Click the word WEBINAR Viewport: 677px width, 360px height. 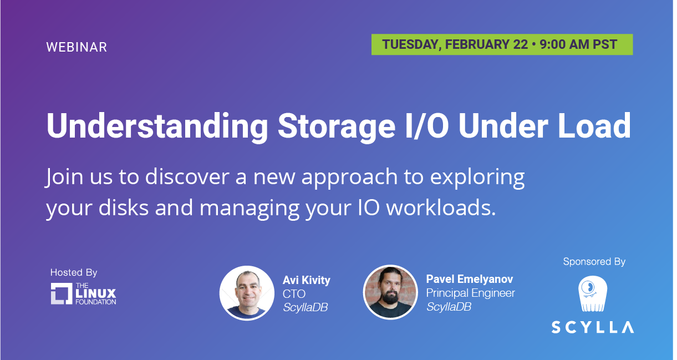pyautogui.click(x=77, y=47)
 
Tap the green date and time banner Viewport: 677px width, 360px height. pyautogui.click(x=502, y=44)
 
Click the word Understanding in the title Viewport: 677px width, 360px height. pyautogui.click(x=157, y=126)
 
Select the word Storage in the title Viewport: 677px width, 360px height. pyautogui.click(x=337, y=126)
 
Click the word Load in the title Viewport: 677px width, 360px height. pyautogui.click(x=594, y=126)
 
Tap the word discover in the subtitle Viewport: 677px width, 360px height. pyautogui.click(x=187, y=176)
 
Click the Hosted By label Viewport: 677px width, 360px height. pyautogui.click(x=74, y=272)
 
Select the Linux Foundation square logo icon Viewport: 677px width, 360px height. pyautogui.click(x=62, y=293)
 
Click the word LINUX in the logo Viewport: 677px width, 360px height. pyautogui.click(x=95, y=293)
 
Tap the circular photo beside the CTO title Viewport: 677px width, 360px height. pyautogui.click(x=247, y=293)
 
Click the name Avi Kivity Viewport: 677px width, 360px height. pyautogui.click(x=307, y=280)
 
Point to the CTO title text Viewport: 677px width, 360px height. pyautogui.click(x=294, y=294)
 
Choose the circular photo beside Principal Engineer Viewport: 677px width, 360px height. pyautogui.click(x=390, y=292)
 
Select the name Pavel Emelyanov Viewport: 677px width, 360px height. pyautogui.click(x=470, y=279)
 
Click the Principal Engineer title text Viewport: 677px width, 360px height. pyautogui.click(x=470, y=293)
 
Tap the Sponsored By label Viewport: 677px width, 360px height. pyautogui.click(x=594, y=261)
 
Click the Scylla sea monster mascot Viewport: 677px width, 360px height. pyautogui.click(x=593, y=293)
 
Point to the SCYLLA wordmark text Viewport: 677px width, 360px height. pyautogui.click(x=593, y=327)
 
